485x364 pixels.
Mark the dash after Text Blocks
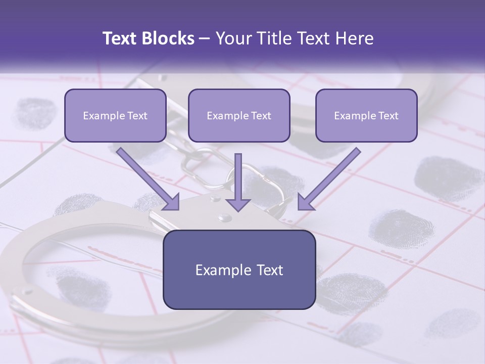coord(205,39)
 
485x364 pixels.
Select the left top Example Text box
coord(115,115)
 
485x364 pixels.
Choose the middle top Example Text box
coord(239,115)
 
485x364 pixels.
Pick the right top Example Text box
coord(366,115)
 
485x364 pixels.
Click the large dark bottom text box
coord(239,269)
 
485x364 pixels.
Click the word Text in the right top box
coord(388,116)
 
